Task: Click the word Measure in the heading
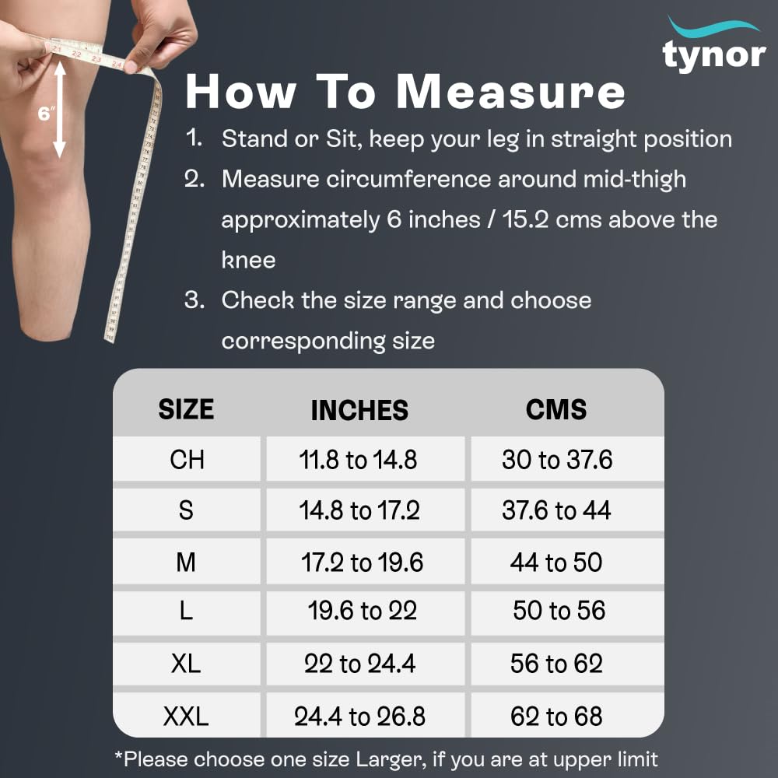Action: [510, 91]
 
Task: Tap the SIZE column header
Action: [186, 409]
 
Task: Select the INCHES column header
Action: [359, 410]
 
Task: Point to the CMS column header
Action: [556, 409]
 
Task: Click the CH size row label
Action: [187, 460]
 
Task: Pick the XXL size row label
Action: [186, 717]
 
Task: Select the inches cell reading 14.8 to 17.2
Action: [359, 510]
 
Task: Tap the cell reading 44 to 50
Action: [556, 562]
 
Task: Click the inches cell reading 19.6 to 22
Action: [363, 610]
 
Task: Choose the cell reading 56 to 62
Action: [556, 664]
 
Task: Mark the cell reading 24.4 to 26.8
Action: [359, 717]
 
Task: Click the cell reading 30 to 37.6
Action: [557, 460]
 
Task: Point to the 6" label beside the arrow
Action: [44, 114]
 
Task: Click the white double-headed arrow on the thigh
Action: [60, 109]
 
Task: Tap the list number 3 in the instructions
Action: [194, 300]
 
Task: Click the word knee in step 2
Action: [248, 260]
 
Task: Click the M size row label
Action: [186, 562]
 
